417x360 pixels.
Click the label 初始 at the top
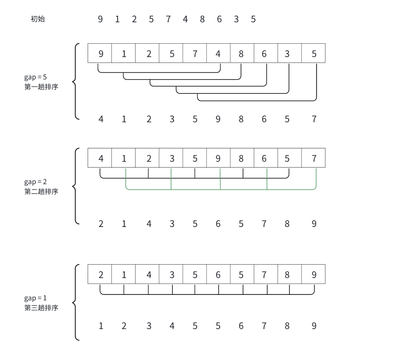pyautogui.click(x=38, y=19)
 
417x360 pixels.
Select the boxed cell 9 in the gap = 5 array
pyautogui.click(x=101, y=54)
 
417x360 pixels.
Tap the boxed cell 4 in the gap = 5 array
pyautogui.click(x=218, y=54)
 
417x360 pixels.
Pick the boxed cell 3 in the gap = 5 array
pyautogui.click(x=287, y=54)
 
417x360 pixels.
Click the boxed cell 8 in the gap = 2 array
pyautogui.click(x=241, y=158)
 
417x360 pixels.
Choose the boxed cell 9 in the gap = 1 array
pyautogui.click(x=314, y=275)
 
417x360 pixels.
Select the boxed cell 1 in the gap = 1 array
pyautogui.click(x=124, y=275)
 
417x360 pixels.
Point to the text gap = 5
pyautogui.click(x=35, y=77)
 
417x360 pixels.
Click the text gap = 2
pyautogui.click(x=35, y=182)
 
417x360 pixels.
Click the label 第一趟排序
pyautogui.click(x=41, y=87)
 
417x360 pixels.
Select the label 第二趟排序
pyautogui.click(x=41, y=192)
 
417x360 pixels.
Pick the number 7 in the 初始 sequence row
pyautogui.click(x=168, y=19)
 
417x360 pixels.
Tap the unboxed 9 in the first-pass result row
pyautogui.click(x=218, y=119)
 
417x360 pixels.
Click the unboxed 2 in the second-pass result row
pyautogui.click(x=101, y=224)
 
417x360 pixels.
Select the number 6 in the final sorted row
pyautogui.click(x=241, y=326)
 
